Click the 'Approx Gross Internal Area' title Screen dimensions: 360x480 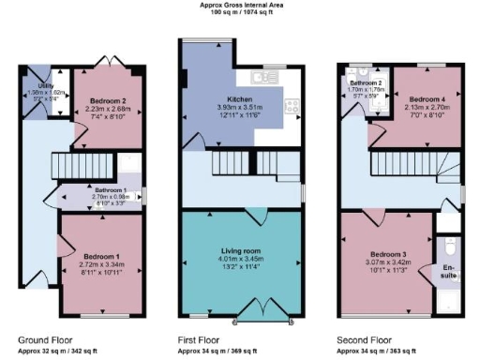click(241, 5)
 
